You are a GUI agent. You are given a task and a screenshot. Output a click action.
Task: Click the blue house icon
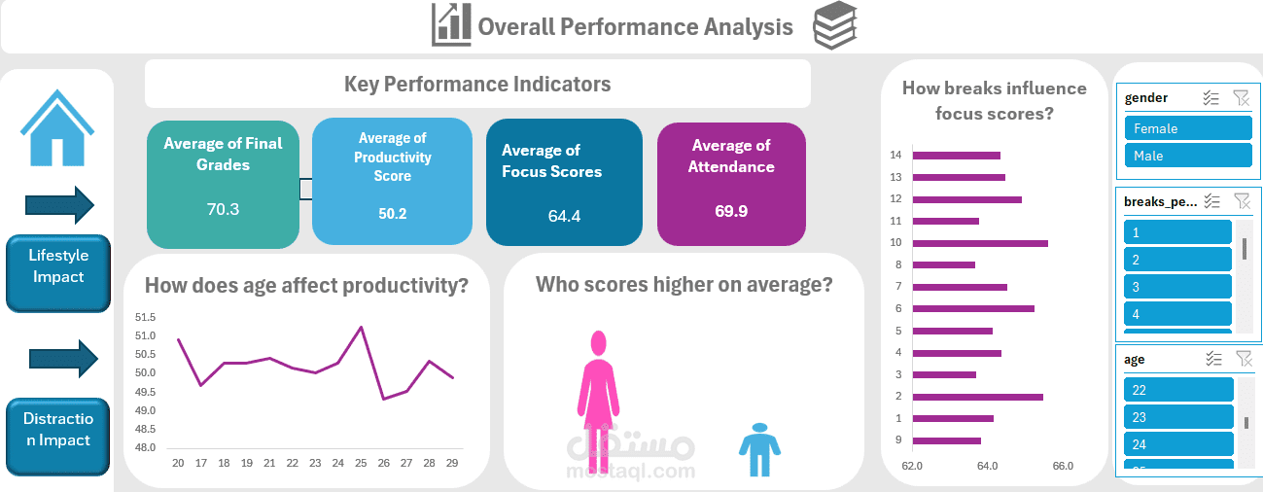pyautogui.click(x=57, y=128)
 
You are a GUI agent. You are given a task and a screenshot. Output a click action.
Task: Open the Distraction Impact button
pyautogui.click(x=57, y=430)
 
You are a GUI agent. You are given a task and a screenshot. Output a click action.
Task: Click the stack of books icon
pyautogui.click(x=835, y=25)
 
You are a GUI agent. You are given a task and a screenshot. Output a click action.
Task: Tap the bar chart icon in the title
pyautogui.click(x=451, y=25)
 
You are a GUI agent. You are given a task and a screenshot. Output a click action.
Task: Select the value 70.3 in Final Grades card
pyautogui.click(x=223, y=209)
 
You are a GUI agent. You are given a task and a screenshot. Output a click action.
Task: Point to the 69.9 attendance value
pyautogui.click(x=731, y=210)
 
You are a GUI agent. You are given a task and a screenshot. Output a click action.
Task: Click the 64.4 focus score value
pyautogui.click(x=564, y=216)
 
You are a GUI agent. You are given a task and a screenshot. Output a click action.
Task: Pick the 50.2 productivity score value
pyautogui.click(x=393, y=214)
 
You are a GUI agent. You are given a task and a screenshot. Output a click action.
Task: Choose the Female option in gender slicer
pyautogui.click(x=1187, y=128)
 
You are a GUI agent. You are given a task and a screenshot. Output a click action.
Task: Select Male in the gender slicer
pyautogui.click(x=1187, y=156)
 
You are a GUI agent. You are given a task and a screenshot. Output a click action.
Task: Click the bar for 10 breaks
pyautogui.click(x=980, y=243)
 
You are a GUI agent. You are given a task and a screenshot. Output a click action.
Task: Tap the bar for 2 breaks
pyautogui.click(x=977, y=397)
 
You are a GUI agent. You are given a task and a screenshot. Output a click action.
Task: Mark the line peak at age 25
pyautogui.click(x=362, y=328)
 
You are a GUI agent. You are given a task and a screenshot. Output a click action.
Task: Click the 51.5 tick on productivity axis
pyautogui.click(x=145, y=317)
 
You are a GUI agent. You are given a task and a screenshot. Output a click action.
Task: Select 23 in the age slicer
pyautogui.click(x=1178, y=417)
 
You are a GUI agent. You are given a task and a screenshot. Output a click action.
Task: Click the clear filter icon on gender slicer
pyautogui.click(x=1241, y=97)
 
